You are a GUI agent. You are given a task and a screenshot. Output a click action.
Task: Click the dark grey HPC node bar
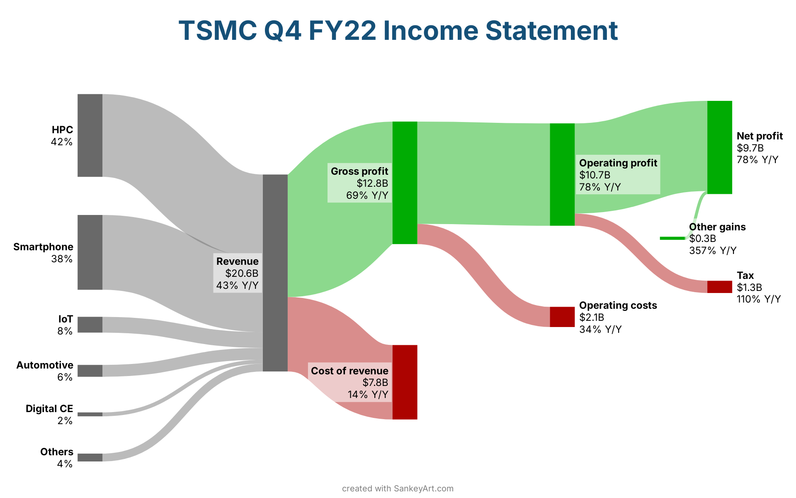pyautogui.click(x=90, y=135)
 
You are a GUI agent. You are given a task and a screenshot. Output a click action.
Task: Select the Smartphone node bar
pyautogui.click(x=90, y=252)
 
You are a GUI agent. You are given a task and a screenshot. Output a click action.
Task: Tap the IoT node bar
pyautogui.click(x=90, y=325)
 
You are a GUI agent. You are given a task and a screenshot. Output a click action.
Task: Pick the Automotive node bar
pyautogui.click(x=90, y=371)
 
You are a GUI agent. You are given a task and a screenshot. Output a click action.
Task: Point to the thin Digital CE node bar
pyautogui.click(x=90, y=414)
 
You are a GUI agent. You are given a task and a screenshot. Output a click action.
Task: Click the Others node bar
pyautogui.click(x=90, y=457)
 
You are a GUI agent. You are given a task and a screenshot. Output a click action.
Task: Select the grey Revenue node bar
pyautogui.click(x=275, y=273)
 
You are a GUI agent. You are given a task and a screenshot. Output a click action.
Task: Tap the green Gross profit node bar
pyautogui.click(x=405, y=183)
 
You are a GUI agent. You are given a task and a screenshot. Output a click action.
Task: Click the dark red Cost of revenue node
pyautogui.click(x=405, y=382)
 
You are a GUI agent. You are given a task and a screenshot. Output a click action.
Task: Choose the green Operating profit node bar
pyautogui.click(x=562, y=175)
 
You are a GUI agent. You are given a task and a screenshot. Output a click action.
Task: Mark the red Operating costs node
pyautogui.click(x=562, y=317)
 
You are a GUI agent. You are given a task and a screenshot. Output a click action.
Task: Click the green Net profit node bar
pyautogui.click(x=720, y=147)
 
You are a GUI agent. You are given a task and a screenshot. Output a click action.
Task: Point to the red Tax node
pyautogui.click(x=720, y=287)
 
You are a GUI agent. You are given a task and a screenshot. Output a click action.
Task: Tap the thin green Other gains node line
pyautogui.click(x=672, y=238)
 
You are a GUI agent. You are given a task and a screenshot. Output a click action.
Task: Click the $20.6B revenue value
pyautogui.click(x=242, y=273)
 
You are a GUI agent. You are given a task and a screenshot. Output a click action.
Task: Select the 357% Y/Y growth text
pyautogui.click(x=713, y=250)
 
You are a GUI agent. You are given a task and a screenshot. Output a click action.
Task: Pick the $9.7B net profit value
pyautogui.click(x=750, y=148)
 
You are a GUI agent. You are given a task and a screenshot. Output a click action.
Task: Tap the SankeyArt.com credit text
pyautogui.click(x=423, y=488)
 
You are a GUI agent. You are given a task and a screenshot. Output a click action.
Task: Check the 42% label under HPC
pyautogui.click(x=62, y=142)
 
